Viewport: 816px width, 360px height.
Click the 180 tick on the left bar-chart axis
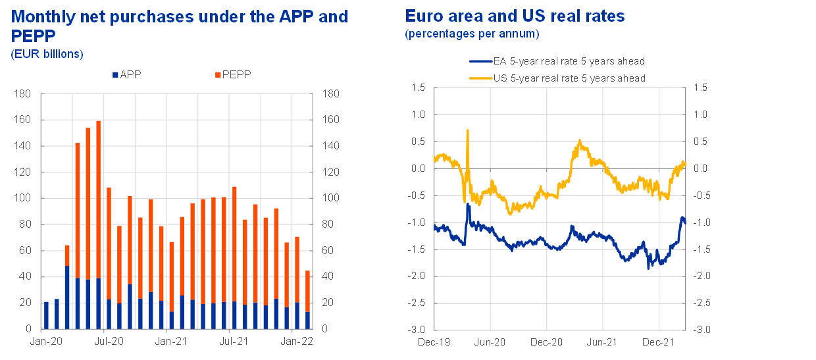pos(22,94)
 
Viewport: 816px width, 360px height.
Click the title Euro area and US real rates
pos(515,16)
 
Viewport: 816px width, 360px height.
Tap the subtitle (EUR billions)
pos(47,54)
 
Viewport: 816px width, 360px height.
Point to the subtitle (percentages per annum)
pos(472,33)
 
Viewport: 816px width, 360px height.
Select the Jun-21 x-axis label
pos(601,342)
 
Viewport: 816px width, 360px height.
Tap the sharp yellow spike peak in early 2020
pos(467,130)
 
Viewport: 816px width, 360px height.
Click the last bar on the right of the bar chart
pos(308,299)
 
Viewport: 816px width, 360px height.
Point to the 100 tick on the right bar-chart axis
pos(330,198)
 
